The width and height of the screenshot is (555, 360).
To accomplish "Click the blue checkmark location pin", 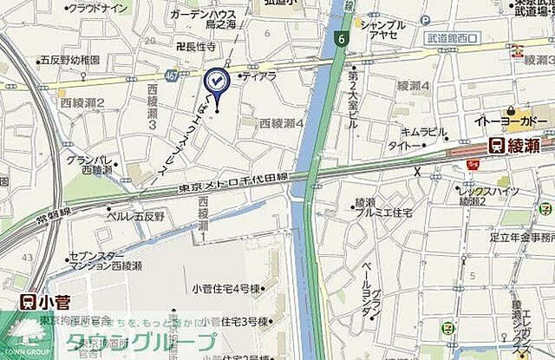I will click(214, 82).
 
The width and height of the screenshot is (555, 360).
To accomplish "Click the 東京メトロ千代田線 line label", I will click(232, 180).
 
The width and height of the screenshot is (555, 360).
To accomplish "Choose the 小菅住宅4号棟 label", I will click(228, 288).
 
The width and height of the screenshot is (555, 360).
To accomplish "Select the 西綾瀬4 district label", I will click(282, 123).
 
